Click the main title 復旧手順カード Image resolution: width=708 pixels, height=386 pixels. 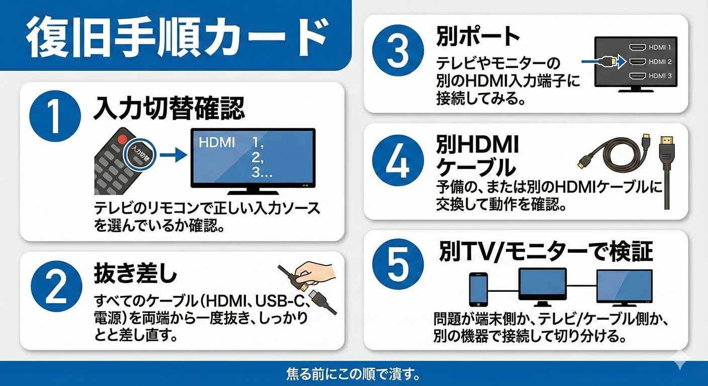coord(178,37)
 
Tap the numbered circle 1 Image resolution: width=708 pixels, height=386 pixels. coord(55,116)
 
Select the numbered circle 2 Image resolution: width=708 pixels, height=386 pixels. coord(56,286)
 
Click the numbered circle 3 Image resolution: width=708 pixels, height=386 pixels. coord(398,51)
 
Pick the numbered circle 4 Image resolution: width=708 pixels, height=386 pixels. coord(398,160)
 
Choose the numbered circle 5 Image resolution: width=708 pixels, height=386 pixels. coord(398,264)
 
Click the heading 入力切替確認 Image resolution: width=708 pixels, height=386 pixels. coord(169,108)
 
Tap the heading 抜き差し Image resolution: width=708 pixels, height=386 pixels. coord(135,273)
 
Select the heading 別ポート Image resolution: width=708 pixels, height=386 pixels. coord(478,36)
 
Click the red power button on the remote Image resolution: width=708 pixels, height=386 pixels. coord(122,139)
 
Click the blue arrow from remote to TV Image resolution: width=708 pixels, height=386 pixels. coord(173,155)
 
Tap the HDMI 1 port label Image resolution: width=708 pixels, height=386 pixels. coord(660,47)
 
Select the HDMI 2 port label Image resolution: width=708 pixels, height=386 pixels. coord(660,62)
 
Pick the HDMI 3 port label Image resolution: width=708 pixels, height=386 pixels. coord(660,76)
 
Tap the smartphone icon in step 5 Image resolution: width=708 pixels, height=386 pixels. coord(478,289)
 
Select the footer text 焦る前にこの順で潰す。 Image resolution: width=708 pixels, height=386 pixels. coord(353,374)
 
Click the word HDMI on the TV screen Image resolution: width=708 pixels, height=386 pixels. coord(217,143)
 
